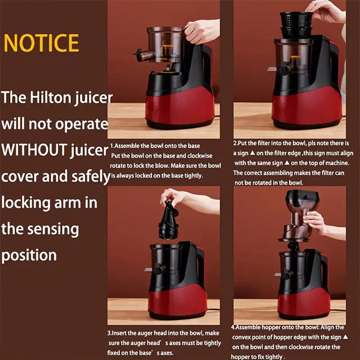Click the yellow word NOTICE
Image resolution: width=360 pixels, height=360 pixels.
coord(41,43)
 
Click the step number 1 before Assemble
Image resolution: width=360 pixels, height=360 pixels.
coord(111,145)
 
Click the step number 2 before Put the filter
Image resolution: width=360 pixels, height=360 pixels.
coord(235,143)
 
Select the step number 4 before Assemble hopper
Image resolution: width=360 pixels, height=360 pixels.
coord(233,327)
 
